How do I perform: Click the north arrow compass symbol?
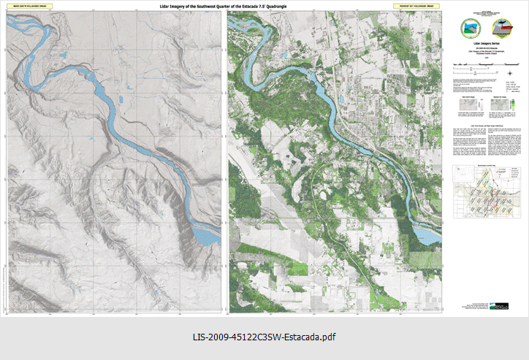click(x=509, y=72)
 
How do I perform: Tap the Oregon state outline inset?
click(x=511, y=173)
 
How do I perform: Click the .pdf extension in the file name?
click(x=327, y=337)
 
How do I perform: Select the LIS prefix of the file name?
click(x=199, y=337)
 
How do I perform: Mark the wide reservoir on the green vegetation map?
click(x=427, y=235)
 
